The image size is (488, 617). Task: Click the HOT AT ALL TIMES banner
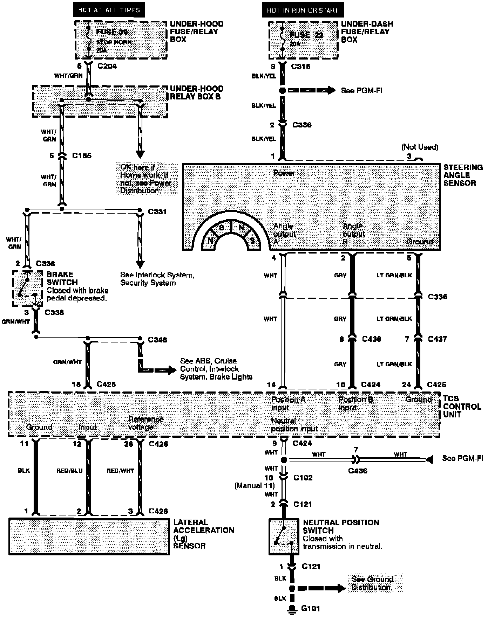click(x=109, y=10)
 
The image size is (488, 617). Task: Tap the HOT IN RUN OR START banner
click(x=303, y=10)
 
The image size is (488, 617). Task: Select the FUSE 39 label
click(x=112, y=32)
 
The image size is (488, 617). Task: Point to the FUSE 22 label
click(x=306, y=35)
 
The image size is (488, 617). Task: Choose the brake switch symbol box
click(x=27, y=288)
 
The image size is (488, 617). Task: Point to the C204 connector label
click(x=107, y=66)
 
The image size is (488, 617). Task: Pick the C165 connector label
click(x=82, y=155)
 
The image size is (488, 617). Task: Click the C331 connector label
click(x=157, y=212)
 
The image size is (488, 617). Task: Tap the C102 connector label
click(x=303, y=478)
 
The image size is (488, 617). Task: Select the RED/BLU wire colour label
click(x=69, y=471)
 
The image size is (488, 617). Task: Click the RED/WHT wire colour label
click(x=120, y=471)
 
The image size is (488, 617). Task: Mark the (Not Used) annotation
click(x=420, y=147)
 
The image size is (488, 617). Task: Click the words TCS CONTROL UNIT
click(x=462, y=406)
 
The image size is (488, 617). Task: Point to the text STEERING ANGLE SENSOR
click(x=463, y=175)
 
